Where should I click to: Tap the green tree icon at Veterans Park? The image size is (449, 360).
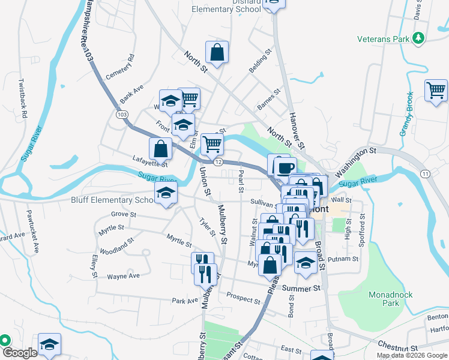[x=418, y=39]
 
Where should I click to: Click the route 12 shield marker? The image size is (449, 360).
[x=218, y=162]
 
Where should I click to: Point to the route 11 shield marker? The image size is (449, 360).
[x=426, y=174]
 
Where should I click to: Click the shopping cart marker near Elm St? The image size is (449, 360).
[x=212, y=143]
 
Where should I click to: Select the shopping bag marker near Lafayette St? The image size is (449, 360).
[x=161, y=148]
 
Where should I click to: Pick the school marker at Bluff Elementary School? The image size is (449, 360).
[x=166, y=193]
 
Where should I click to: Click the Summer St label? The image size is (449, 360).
[x=300, y=289]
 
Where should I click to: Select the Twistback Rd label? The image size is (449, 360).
[x=22, y=97]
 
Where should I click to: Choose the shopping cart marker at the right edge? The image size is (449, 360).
[x=436, y=90]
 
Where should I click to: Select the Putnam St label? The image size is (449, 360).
[x=346, y=259]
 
